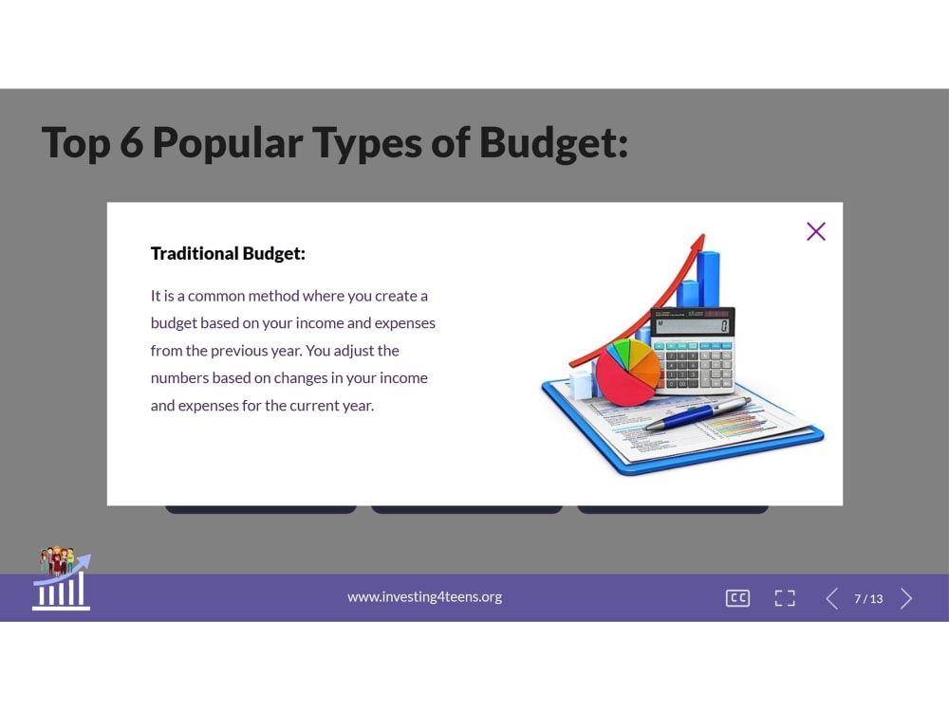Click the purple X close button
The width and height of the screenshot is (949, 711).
tap(816, 231)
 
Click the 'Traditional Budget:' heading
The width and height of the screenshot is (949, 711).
tap(228, 253)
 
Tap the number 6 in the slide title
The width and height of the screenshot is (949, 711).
tap(131, 143)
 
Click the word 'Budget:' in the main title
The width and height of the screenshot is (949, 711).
tap(554, 143)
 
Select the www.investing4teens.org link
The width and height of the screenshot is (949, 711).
tap(424, 596)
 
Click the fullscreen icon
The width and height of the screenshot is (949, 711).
tap(785, 598)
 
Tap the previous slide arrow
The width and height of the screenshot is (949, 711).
tap(832, 598)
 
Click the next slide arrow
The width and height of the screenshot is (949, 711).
tap(906, 598)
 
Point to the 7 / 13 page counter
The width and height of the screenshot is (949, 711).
tap(868, 598)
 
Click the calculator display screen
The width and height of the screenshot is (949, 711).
tap(693, 326)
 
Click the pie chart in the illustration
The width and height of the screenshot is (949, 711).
tap(627, 372)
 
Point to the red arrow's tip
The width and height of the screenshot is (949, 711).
tap(703, 234)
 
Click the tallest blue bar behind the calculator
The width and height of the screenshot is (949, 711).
tap(708, 280)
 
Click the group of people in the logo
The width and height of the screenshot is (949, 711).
tap(57, 560)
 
